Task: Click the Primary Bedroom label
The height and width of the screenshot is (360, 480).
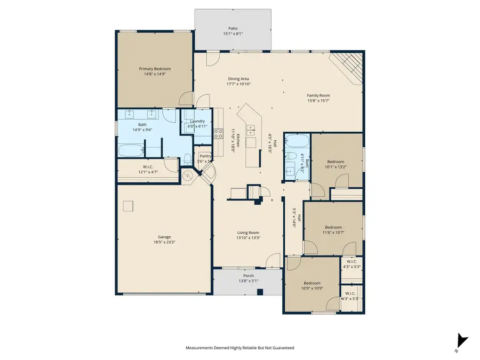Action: [155, 69]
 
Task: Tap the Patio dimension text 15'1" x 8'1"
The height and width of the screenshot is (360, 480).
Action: [234, 34]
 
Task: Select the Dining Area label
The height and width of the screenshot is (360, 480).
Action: [238, 78]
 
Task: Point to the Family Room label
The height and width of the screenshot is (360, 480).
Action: [318, 95]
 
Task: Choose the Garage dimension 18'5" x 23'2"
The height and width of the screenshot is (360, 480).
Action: [164, 242]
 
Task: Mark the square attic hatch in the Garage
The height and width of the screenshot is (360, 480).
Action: [128, 205]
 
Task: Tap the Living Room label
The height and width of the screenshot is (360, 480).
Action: [249, 233]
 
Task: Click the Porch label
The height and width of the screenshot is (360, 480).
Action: [249, 276]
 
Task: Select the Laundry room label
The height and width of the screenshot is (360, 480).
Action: [197, 121]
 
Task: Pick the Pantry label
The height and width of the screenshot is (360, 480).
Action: [205, 156]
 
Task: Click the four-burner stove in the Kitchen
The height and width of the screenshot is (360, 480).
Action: [218, 133]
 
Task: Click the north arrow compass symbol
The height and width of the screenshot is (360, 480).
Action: [462, 341]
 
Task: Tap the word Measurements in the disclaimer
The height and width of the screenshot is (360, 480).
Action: [200, 348]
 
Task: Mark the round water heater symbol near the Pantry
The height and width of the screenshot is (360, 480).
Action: [188, 176]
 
